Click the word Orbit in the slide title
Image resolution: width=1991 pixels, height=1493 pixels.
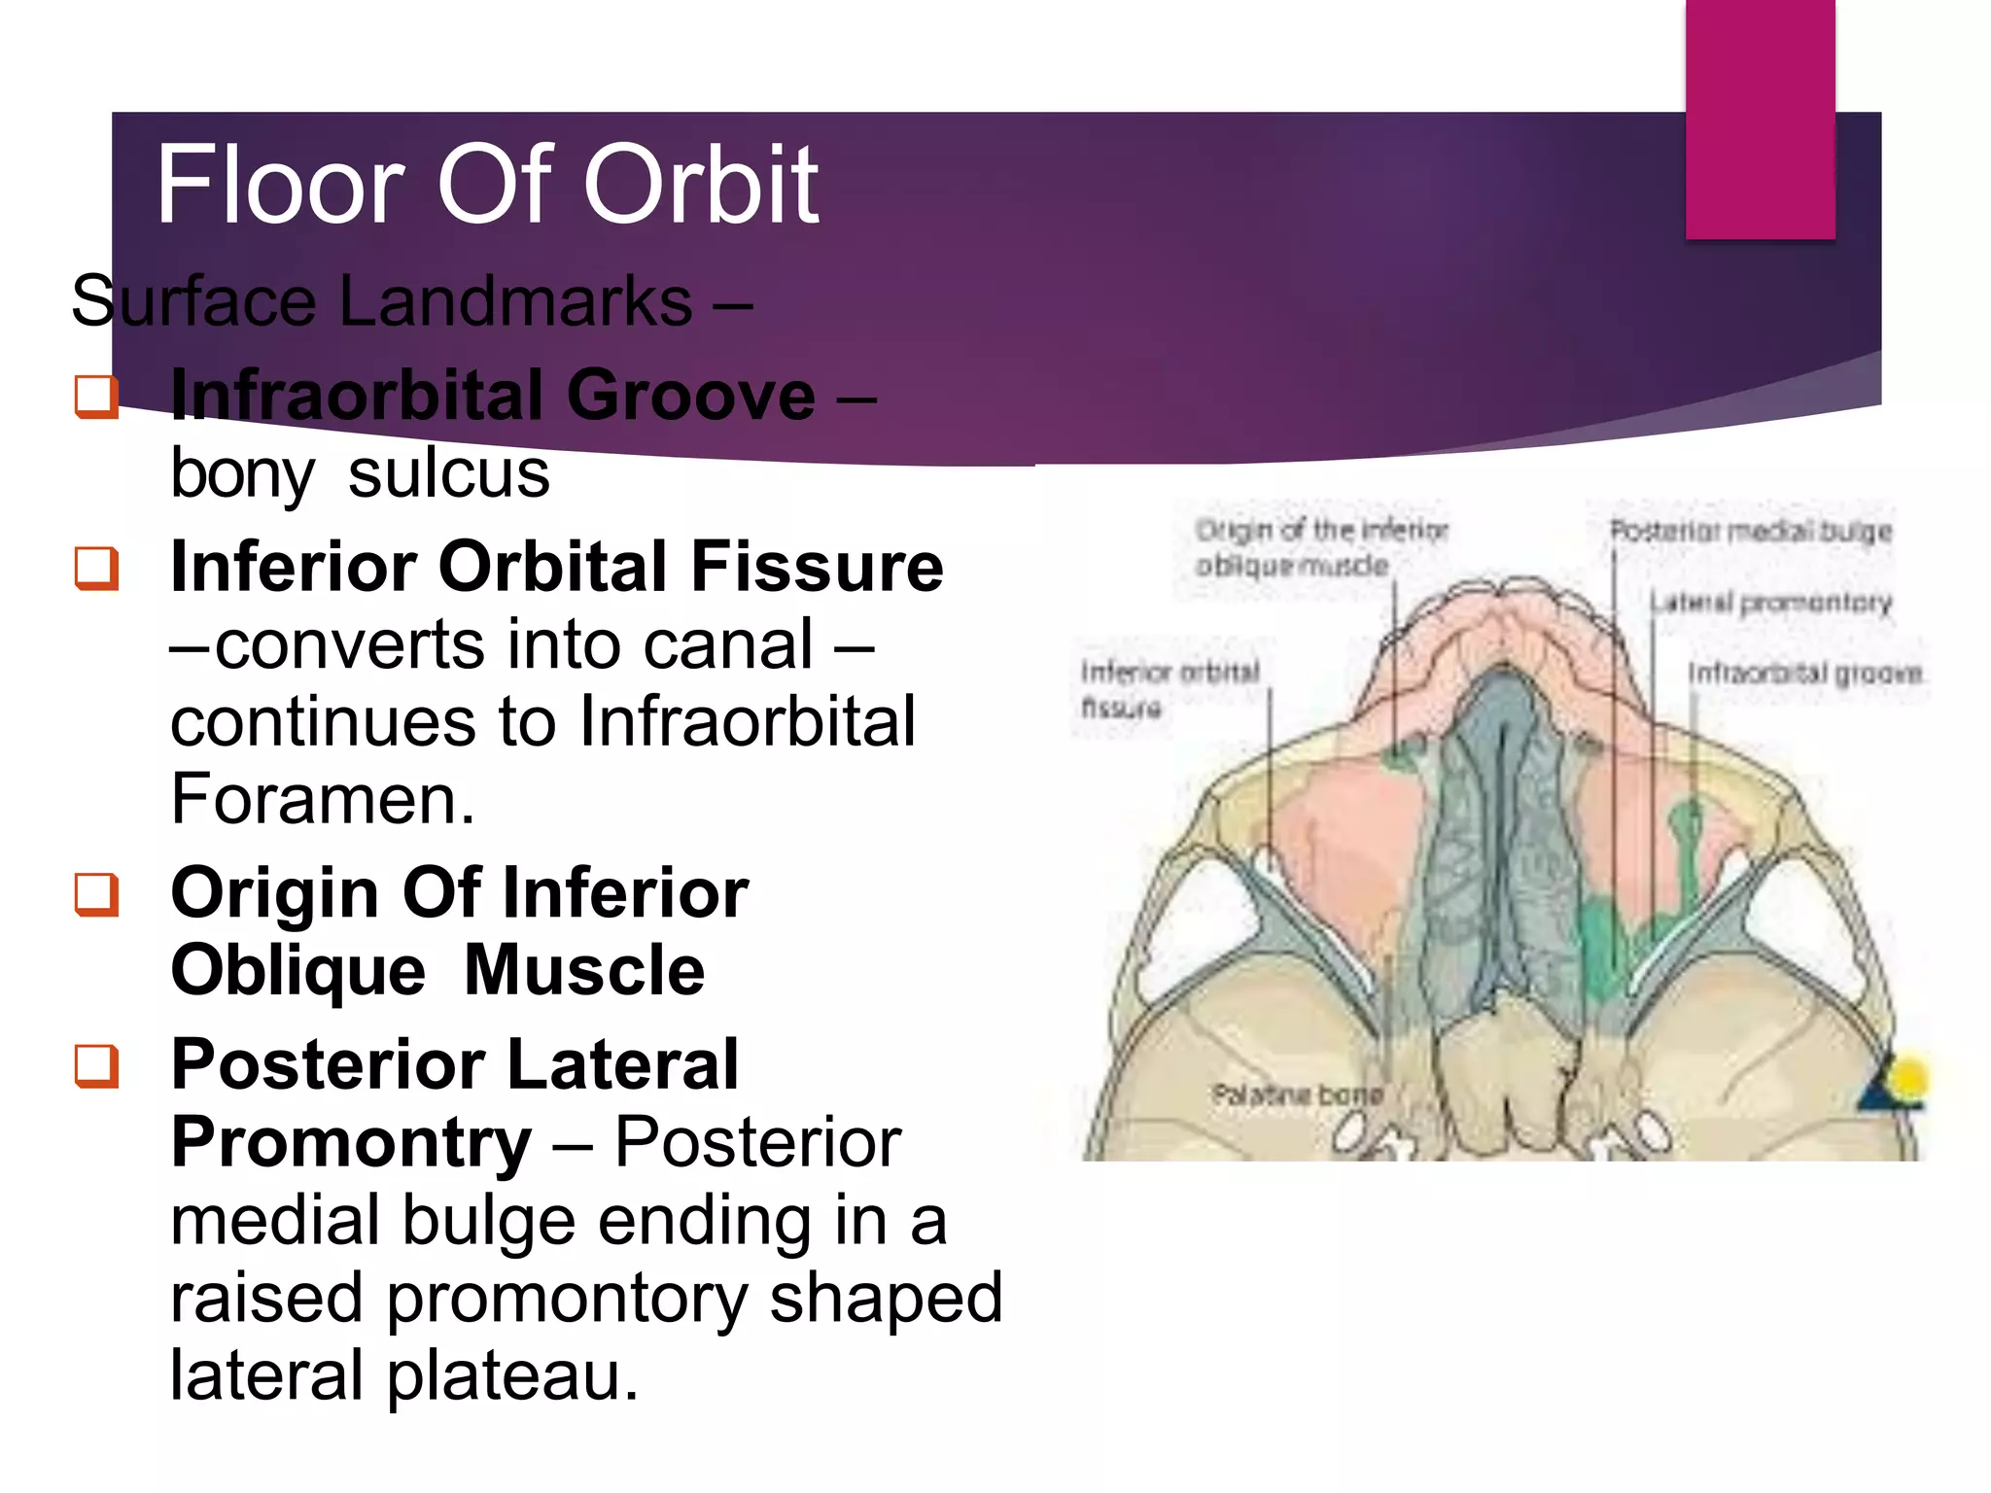(700, 185)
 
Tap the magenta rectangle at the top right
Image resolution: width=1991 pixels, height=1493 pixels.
(1760, 117)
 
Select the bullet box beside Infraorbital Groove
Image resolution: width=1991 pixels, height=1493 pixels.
(96, 397)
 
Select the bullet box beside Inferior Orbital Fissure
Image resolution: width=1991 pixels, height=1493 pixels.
(96, 569)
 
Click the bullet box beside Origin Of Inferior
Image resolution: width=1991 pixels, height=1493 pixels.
(96, 894)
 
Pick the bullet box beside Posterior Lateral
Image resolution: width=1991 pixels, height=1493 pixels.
(96, 1066)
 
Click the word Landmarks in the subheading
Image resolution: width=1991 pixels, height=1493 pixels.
(515, 301)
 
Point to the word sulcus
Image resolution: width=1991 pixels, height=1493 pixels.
(448, 474)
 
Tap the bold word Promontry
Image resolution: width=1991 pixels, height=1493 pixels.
(351, 1142)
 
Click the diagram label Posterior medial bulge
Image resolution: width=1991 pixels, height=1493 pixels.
(1751, 531)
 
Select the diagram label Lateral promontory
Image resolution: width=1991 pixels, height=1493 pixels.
(1770, 603)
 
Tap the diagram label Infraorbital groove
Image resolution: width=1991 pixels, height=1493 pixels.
(1804, 673)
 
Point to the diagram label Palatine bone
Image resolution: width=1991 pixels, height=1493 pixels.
(1296, 1094)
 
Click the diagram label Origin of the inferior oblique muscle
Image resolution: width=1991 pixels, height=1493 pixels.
(1320, 547)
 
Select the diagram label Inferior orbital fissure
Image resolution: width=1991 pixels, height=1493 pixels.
(1169, 688)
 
